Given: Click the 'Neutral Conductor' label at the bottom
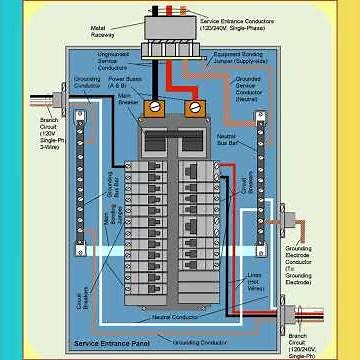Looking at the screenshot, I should [x=175, y=318].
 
